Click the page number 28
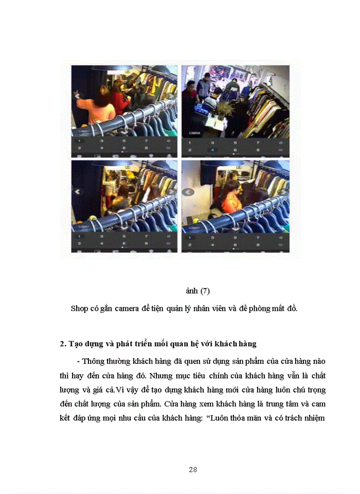tap(193, 469)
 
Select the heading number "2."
tap(63, 343)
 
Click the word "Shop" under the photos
tap(79, 308)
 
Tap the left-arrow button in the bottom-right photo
tap(188, 192)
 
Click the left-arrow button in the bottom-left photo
tap(78, 191)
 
